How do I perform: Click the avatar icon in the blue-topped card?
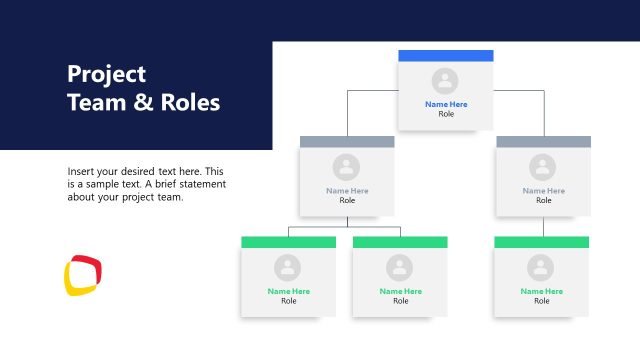446,81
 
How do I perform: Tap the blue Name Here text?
446,104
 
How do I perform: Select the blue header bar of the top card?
446,56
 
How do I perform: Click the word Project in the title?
106,74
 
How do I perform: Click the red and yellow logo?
83,276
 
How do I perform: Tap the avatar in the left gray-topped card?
347,167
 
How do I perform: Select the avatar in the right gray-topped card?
543,167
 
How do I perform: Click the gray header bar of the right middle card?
543,142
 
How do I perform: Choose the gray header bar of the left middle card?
347,142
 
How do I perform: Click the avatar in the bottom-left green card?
288,267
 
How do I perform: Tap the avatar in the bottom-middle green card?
400,267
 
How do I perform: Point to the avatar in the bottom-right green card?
541,267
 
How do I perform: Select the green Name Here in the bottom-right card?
541,291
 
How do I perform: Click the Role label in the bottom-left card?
288,301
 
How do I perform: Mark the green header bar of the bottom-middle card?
400,242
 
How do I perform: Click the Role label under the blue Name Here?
446,114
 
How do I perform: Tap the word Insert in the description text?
83,171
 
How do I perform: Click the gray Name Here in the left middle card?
347,190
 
